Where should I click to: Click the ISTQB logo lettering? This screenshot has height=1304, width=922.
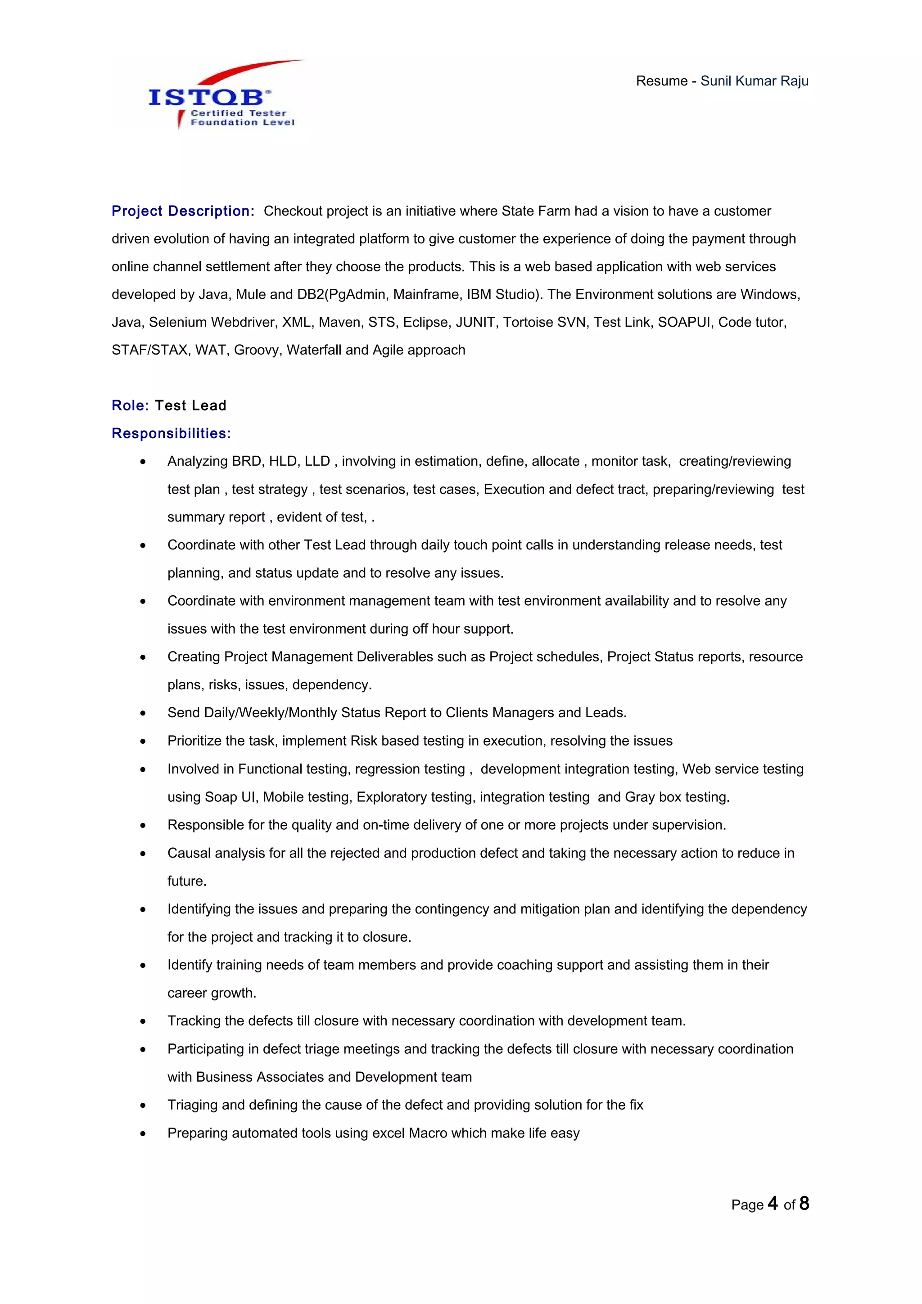pos(206,97)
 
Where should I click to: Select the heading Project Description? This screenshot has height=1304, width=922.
pos(183,211)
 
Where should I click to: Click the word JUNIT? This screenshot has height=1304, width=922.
pos(475,323)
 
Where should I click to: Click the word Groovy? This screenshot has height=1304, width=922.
pos(256,351)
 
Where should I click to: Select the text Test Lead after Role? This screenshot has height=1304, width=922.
pos(190,405)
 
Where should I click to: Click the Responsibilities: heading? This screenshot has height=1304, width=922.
pos(171,433)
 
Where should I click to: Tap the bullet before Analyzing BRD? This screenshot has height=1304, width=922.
pos(143,462)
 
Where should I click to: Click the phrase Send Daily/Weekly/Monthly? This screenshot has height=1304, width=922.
pos(255,713)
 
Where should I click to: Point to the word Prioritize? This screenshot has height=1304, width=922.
pos(195,741)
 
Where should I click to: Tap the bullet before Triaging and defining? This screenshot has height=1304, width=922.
pos(143,1106)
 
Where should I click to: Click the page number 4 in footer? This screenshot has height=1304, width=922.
pos(772,1204)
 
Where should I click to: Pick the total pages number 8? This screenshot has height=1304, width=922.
pos(804,1204)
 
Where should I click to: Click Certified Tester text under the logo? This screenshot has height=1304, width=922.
pos(239,113)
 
